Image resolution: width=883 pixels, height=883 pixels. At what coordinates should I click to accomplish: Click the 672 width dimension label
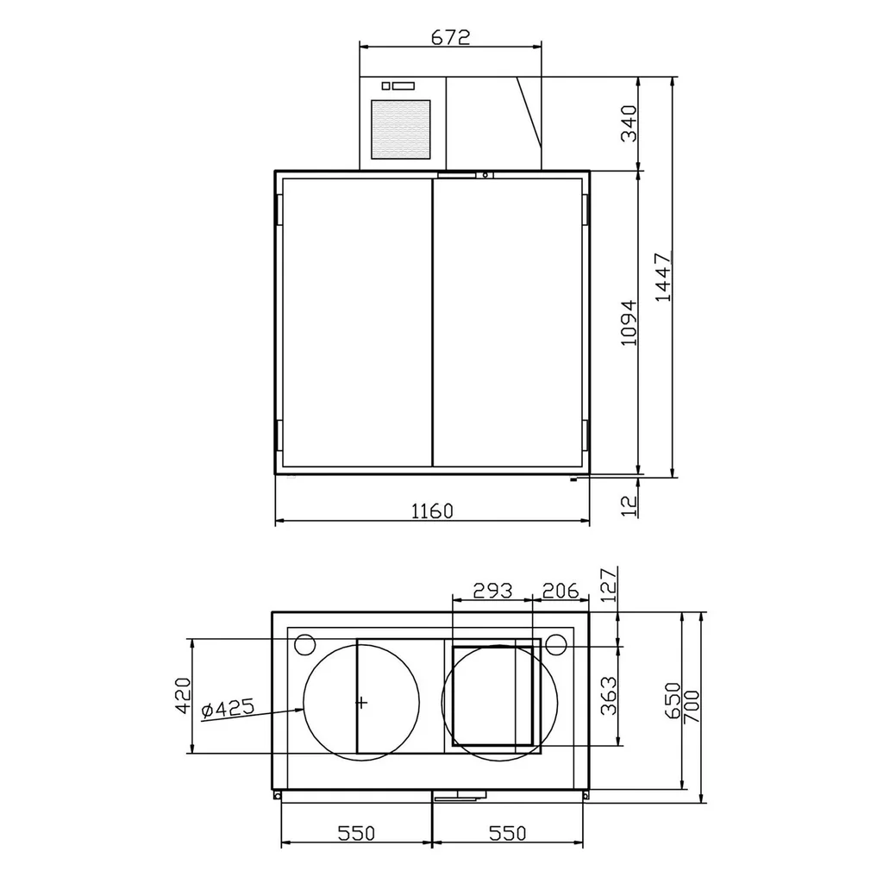450,37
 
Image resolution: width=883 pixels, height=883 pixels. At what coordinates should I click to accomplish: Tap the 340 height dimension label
629,123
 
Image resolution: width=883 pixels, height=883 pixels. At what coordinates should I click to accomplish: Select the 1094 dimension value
629,323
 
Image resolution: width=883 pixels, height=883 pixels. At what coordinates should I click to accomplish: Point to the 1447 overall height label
664,277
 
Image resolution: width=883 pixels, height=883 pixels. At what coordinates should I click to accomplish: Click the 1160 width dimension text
432,511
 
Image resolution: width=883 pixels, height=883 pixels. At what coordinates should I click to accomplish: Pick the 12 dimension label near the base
629,505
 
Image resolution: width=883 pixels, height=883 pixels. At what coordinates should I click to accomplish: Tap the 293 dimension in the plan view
492,591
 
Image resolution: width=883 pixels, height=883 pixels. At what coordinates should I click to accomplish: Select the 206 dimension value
560,591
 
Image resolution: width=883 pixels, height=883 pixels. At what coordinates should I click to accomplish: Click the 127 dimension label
610,586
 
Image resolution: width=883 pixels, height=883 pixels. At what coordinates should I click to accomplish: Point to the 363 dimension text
610,696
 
